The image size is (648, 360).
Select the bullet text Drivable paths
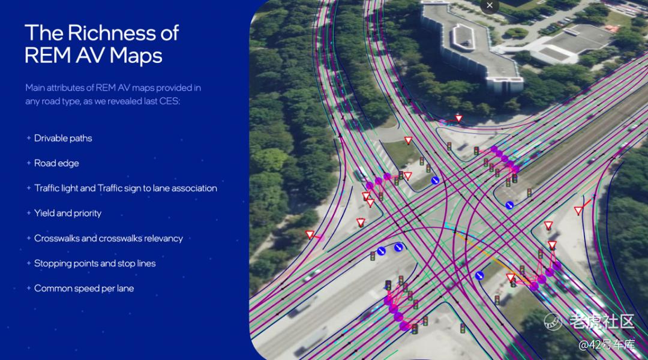(x=63, y=138)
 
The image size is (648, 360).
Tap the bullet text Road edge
(x=56, y=163)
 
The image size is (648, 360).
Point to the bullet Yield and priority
(x=67, y=213)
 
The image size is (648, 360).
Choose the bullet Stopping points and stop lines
(x=95, y=263)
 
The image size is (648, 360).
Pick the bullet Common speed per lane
(x=84, y=288)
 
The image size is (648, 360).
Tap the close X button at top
(x=490, y=5)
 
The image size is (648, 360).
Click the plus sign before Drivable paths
(x=29, y=138)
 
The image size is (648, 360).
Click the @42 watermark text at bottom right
(x=607, y=344)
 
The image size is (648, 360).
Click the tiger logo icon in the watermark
(x=553, y=322)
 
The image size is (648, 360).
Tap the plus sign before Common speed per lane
(x=29, y=288)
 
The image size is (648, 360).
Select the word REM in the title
(x=47, y=55)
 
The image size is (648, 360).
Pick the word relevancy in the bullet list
(x=163, y=238)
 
